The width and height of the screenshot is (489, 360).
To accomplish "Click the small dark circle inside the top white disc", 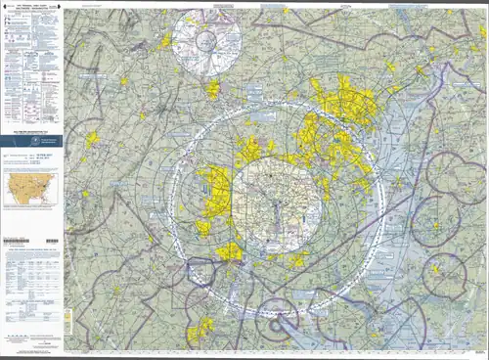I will [x=206, y=41].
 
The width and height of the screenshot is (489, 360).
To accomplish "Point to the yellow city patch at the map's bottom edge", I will [x=201, y=330].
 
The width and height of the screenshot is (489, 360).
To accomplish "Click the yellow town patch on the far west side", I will [x=91, y=140].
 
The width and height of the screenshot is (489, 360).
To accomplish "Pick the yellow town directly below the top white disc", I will [x=212, y=90].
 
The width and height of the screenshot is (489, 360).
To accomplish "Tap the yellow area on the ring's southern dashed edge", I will [x=230, y=252].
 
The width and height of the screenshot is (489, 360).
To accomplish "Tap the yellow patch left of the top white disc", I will [x=166, y=41].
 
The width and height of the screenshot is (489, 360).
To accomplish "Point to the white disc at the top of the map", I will [x=206, y=41].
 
